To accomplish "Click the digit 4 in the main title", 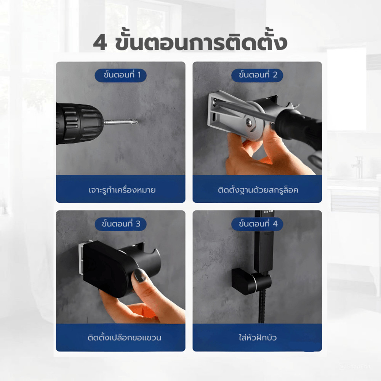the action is click(100, 43).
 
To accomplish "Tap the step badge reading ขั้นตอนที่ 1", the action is click(120, 75).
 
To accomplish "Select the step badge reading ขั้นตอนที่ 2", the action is click(257, 75).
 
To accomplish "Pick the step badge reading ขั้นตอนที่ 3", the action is click(120, 224).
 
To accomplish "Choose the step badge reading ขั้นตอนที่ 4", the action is click(257, 224).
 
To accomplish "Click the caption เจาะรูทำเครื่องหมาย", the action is click(122, 190).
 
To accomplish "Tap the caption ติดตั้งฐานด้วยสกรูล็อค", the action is click(258, 190).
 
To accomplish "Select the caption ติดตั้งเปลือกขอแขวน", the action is click(124, 337).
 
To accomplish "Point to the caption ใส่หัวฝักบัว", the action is click(258, 337).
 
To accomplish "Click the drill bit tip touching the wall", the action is click(136, 122).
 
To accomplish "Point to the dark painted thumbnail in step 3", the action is click(140, 275).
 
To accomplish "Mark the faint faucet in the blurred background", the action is click(357, 167).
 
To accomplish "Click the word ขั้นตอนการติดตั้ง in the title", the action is click(202, 41).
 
